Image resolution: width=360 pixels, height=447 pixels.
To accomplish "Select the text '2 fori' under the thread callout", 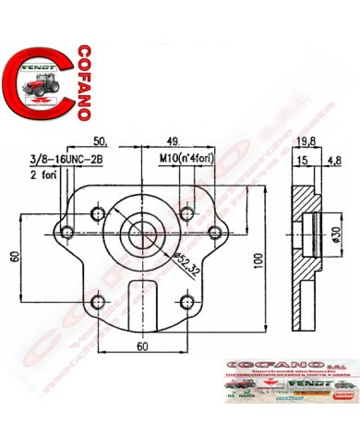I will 43,173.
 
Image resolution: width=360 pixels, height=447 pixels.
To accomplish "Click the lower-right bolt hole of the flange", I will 188,301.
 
